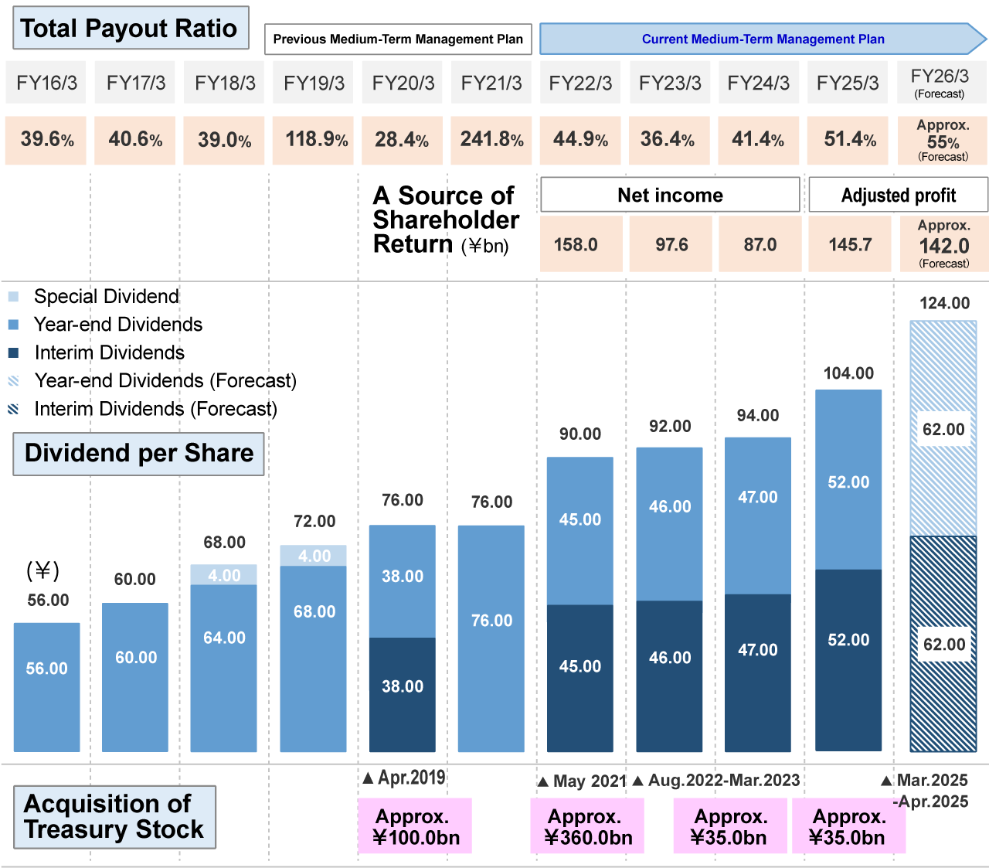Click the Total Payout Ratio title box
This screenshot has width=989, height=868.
(130, 29)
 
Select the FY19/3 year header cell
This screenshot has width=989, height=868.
(314, 83)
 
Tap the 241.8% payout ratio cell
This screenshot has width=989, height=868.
(491, 140)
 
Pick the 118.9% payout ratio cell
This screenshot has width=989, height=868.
(314, 140)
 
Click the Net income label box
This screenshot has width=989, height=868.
(669, 195)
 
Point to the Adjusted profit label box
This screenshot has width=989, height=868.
(898, 195)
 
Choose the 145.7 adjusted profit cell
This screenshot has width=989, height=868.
(849, 245)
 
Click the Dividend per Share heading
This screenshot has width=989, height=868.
(139, 454)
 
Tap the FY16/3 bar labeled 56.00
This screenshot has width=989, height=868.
(47, 686)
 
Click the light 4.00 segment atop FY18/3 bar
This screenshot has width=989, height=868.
(224, 575)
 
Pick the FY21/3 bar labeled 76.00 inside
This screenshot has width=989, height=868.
(491, 638)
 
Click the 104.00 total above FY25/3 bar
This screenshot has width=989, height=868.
(848, 373)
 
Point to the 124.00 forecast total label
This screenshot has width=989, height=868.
(944, 303)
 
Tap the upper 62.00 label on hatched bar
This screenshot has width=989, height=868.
(943, 430)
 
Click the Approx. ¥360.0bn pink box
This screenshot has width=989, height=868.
(587, 826)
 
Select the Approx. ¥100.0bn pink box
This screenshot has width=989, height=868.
(415, 826)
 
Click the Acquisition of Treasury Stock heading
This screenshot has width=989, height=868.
(114, 817)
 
